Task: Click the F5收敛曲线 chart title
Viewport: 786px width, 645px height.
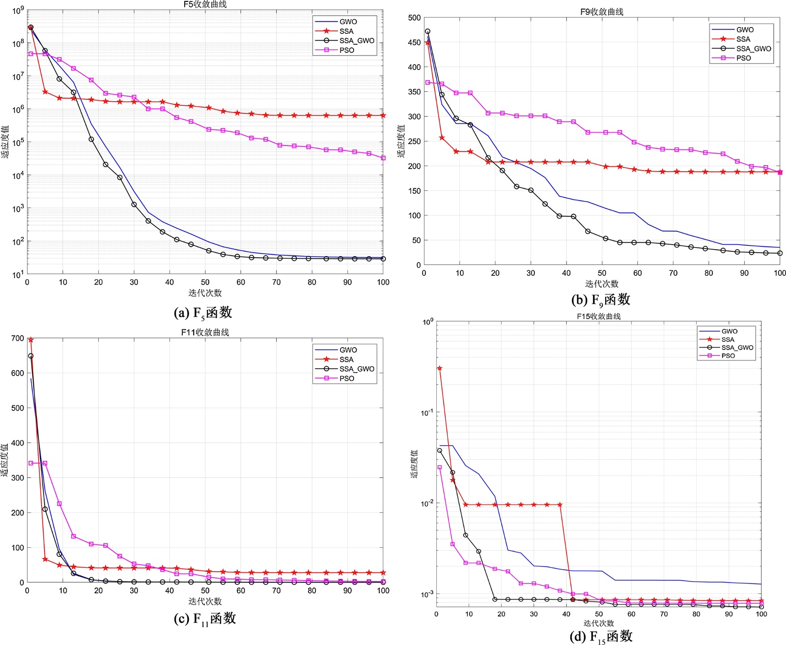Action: pos(205,4)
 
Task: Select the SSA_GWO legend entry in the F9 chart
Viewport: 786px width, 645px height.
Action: pos(753,49)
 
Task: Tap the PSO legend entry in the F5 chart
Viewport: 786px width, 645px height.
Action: pos(346,50)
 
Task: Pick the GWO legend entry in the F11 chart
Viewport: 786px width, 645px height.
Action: pos(348,350)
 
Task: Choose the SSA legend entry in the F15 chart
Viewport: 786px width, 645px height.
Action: pos(728,340)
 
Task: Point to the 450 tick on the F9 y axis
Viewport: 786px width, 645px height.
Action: pos(415,43)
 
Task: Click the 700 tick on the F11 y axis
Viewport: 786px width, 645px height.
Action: pos(18,338)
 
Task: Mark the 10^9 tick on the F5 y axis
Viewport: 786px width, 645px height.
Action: pos(18,10)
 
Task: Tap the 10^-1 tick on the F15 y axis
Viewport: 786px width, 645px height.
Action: pos(427,412)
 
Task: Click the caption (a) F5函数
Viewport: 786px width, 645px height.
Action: pos(203,313)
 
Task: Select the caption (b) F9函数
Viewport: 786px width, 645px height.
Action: pos(600,300)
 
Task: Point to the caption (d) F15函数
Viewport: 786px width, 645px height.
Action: pos(600,637)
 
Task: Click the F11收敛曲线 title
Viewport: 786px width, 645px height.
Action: pos(205,332)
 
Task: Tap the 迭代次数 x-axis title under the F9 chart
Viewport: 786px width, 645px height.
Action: pos(601,284)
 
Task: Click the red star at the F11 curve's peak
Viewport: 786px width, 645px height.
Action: pos(31,340)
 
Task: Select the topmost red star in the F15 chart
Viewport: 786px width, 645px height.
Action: pos(440,368)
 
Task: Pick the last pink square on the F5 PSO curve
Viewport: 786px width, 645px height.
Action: pos(383,158)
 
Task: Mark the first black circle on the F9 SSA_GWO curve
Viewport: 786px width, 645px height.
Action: pos(427,31)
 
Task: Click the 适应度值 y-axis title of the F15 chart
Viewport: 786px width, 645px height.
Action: pos(414,464)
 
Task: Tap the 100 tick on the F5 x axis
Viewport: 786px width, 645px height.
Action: pos(383,282)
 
